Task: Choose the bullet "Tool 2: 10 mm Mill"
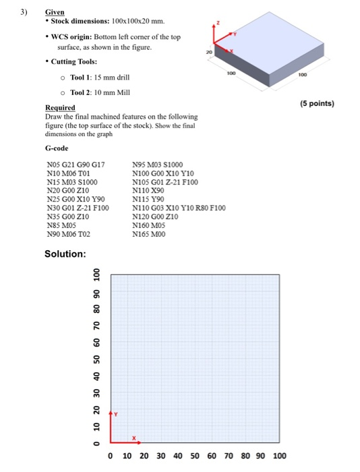104,93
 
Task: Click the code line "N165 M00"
148,235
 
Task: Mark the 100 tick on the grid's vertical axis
96,276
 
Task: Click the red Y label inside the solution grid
115,414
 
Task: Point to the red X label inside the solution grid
134,438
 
